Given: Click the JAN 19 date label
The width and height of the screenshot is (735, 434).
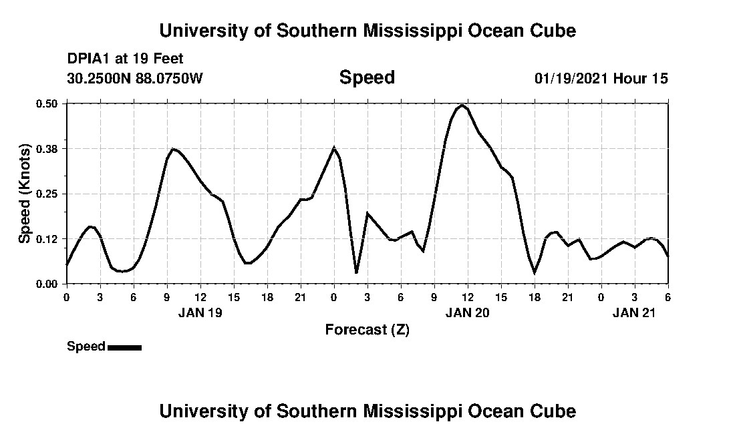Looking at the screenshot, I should [x=200, y=312].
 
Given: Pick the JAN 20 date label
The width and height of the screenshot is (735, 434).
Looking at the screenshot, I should [x=467, y=312].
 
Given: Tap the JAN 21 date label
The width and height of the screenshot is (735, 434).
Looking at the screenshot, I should [x=634, y=312].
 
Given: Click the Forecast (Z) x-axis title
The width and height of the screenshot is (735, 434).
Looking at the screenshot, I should [x=367, y=329].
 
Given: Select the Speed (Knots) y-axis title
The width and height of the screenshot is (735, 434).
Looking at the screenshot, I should [x=25, y=194].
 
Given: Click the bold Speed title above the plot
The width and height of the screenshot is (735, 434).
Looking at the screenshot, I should [x=367, y=77].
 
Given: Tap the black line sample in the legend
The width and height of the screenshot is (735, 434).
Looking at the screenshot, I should [x=124, y=347].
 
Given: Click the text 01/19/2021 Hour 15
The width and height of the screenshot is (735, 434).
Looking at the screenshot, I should [x=601, y=78].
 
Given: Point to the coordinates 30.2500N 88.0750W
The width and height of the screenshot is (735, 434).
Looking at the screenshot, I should [x=134, y=78].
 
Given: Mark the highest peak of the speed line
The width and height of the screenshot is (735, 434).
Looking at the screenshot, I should [x=462, y=105].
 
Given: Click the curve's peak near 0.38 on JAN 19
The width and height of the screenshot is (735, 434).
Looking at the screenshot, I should [x=174, y=149].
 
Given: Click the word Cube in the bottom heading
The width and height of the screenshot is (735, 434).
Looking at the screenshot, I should [x=556, y=411].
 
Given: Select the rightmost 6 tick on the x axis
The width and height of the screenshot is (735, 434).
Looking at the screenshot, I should [x=668, y=296].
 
